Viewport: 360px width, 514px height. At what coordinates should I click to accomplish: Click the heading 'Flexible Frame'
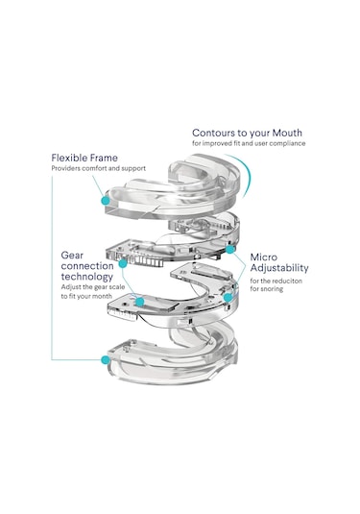(x=84, y=158)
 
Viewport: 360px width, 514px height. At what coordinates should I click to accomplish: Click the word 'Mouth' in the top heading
(x=287, y=133)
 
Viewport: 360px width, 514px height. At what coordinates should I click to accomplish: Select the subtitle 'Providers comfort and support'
(x=98, y=168)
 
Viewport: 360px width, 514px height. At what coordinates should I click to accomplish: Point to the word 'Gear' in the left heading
(x=72, y=256)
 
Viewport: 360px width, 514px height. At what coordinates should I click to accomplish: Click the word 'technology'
(x=86, y=277)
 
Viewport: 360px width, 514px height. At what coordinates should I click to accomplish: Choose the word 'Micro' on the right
(x=264, y=257)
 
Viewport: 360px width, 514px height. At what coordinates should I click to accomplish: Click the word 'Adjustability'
(x=279, y=268)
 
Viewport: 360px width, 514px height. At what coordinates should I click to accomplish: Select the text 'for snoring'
(x=266, y=289)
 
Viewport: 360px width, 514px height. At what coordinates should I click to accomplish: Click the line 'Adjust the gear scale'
(x=93, y=287)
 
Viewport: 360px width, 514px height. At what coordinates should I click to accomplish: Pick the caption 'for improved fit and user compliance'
(x=249, y=143)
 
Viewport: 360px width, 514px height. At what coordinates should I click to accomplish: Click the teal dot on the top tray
(x=106, y=200)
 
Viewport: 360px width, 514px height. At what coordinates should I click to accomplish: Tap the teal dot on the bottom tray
(x=106, y=360)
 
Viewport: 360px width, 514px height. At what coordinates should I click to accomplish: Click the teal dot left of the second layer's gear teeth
(x=123, y=263)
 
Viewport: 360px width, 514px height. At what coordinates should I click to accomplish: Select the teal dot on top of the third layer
(x=140, y=302)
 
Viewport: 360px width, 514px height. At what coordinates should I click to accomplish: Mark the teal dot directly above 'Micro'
(x=230, y=250)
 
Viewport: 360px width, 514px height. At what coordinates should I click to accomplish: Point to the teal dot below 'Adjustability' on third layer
(x=228, y=298)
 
